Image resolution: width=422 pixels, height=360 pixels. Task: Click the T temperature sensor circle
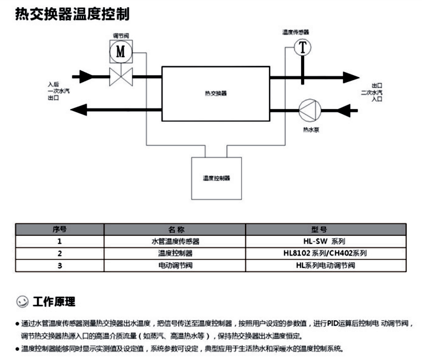(302, 47)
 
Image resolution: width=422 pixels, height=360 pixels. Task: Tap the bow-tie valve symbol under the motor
(120, 76)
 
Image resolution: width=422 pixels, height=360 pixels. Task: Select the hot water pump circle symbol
(309, 109)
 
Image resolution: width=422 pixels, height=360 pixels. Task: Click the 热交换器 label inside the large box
(216, 94)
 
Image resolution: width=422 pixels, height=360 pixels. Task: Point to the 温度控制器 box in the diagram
(216, 178)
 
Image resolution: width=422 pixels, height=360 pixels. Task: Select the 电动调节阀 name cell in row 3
(175, 266)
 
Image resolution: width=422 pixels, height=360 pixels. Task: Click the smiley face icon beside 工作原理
(23, 302)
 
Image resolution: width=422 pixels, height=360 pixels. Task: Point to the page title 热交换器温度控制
(72, 15)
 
